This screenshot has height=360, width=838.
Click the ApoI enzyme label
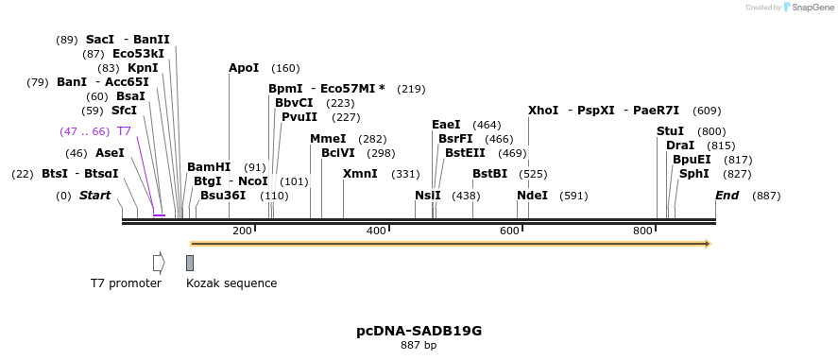244,68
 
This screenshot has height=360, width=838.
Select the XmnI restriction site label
360,174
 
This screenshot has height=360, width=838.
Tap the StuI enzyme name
670,131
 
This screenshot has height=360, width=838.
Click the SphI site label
693,174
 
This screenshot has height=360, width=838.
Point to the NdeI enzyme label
532,196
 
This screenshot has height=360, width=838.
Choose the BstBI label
489,174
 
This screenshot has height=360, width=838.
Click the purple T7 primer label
124,131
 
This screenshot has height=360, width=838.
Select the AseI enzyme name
110,153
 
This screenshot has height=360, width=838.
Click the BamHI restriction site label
209,167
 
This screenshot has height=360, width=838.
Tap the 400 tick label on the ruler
376,231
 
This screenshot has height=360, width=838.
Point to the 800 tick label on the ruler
642,231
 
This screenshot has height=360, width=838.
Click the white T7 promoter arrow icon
159,262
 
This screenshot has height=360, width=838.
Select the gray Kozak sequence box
190,262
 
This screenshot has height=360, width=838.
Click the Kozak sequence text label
231,283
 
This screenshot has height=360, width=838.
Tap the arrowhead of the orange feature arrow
706,244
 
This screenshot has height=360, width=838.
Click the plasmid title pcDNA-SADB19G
419,331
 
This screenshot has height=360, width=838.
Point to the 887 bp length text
419,346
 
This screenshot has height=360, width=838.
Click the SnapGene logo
809,8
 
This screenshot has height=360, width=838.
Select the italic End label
727,196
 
